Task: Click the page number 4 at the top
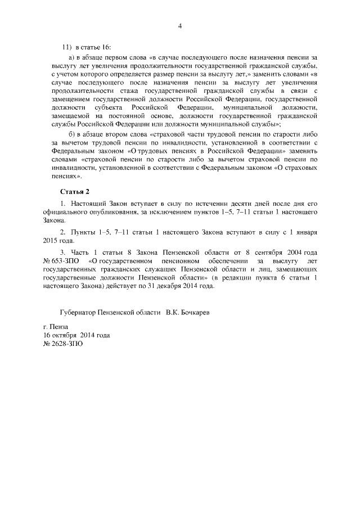tap(180, 25)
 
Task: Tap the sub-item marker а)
tap(72, 57)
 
